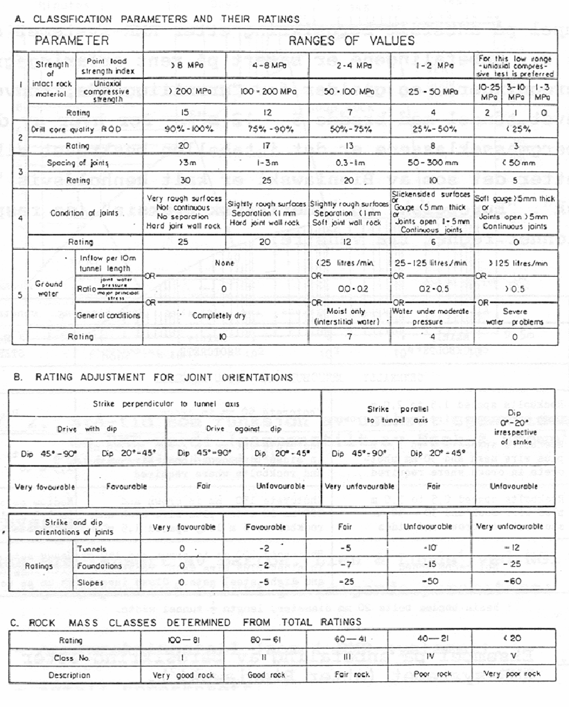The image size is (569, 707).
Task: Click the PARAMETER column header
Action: [x=71, y=41]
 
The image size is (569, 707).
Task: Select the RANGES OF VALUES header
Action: [x=351, y=41]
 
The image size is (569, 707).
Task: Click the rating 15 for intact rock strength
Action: [x=185, y=112]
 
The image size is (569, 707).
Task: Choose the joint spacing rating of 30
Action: [x=185, y=180]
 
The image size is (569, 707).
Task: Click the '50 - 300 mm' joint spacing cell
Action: [x=433, y=163]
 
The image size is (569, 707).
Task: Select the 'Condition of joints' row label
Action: [x=84, y=213]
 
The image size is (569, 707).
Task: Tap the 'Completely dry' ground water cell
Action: [x=219, y=315]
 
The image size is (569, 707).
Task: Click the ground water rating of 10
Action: [x=222, y=336]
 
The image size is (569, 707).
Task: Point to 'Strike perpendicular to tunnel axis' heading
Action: [x=166, y=404]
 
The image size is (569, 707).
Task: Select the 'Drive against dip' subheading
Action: [x=244, y=429]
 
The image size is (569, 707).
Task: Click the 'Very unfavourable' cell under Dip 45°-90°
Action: [x=360, y=486]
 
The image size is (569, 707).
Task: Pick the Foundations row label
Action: [x=100, y=566]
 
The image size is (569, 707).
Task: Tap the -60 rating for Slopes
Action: [x=513, y=581]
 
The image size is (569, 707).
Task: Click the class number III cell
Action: [x=347, y=657]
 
